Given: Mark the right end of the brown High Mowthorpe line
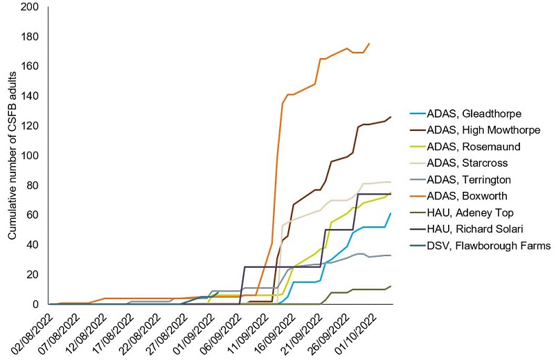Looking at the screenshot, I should click(391, 117).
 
